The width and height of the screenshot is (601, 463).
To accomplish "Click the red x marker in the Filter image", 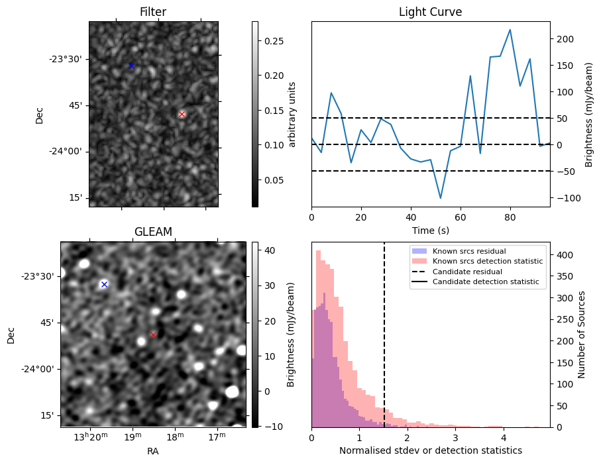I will tap(182, 114).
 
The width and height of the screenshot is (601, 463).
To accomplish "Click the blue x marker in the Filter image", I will tap(131, 66).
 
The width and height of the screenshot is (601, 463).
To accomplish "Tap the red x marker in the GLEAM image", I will tap(153, 334).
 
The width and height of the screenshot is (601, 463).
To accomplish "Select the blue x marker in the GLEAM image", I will tap(104, 284).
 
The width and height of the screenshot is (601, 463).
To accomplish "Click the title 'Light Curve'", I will tap(430, 13).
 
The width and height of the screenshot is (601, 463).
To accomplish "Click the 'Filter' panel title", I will tap(153, 13).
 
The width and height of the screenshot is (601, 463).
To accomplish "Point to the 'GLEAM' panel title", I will tap(153, 232).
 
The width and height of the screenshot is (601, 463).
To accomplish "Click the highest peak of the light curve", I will tap(510, 30).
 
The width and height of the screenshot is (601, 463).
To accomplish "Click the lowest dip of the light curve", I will tap(440, 198).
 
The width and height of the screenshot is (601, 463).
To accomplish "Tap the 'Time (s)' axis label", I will tap(430, 230).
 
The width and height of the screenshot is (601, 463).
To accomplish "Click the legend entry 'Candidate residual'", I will tap(462, 272).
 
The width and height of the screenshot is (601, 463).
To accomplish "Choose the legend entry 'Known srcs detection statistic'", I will tap(487, 262).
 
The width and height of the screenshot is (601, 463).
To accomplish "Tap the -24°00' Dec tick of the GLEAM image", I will tap(36, 369).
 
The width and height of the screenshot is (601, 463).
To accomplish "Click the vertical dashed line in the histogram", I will tap(384, 344).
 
